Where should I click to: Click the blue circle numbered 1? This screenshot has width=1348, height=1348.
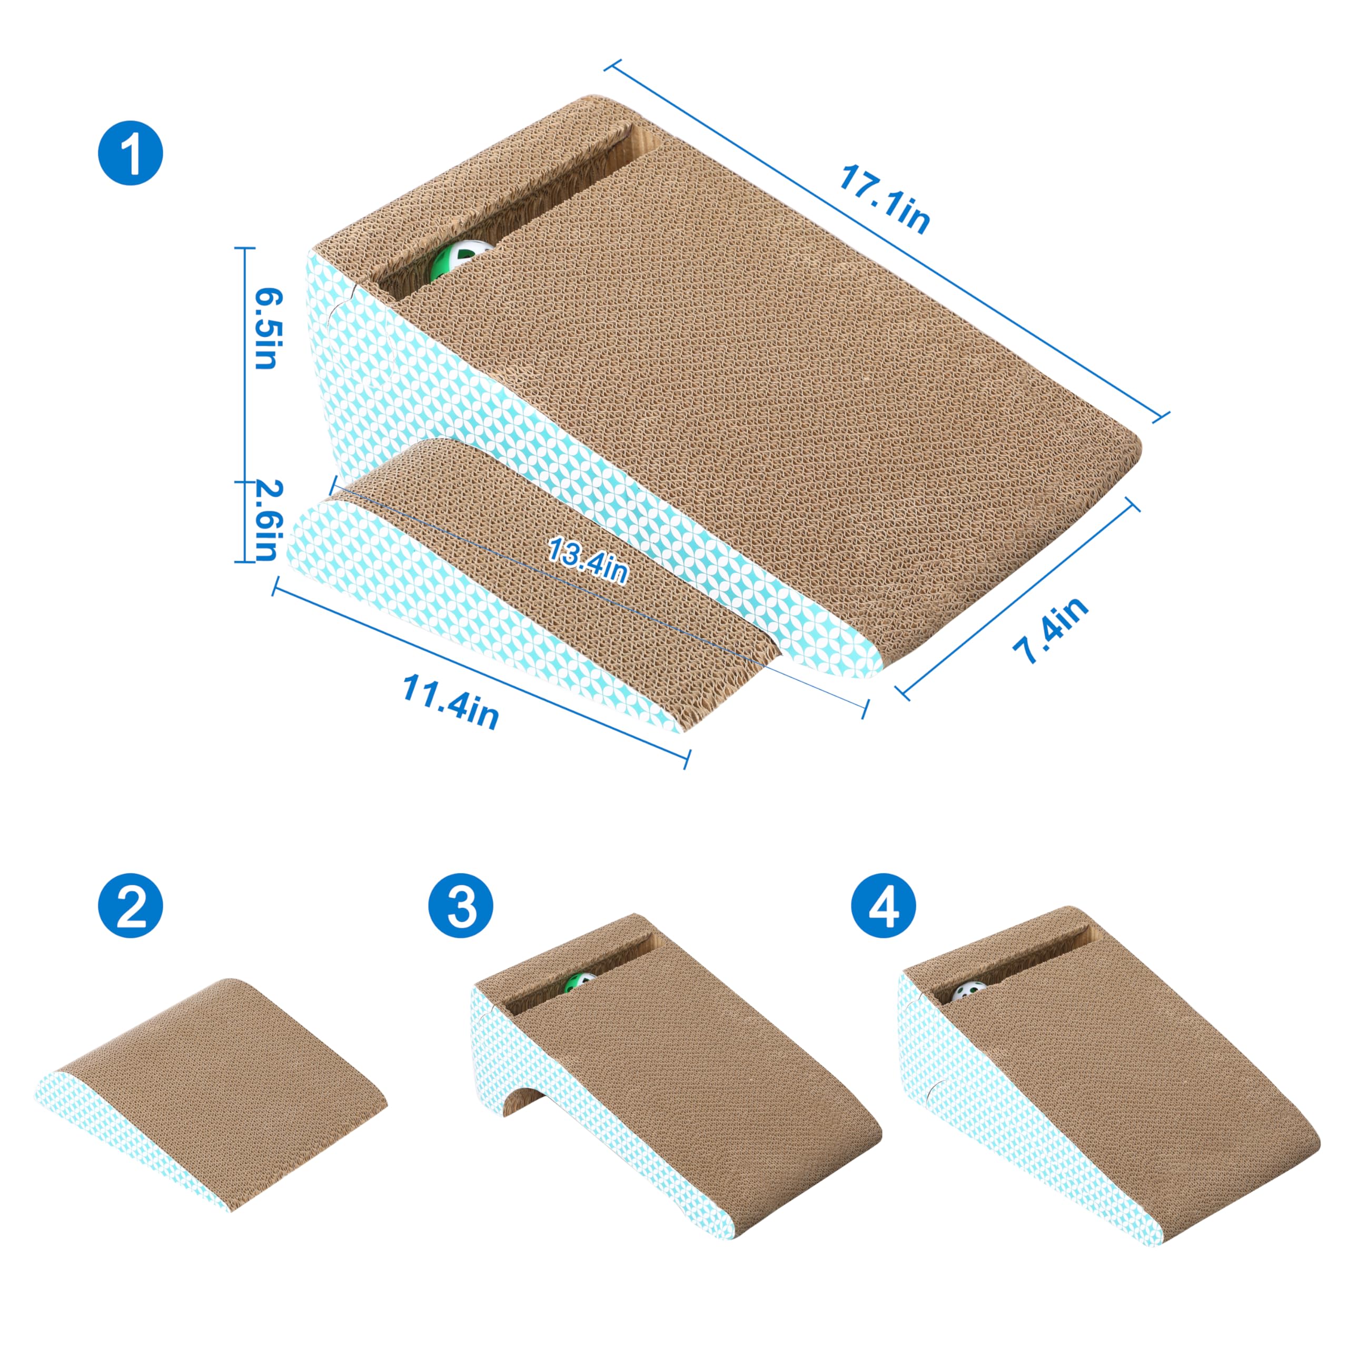131,152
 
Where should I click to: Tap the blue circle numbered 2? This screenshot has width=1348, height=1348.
131,906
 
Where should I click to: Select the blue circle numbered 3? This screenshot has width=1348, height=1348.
461,906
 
